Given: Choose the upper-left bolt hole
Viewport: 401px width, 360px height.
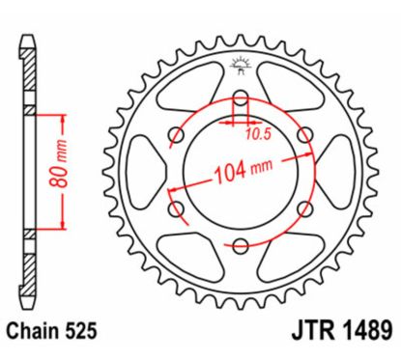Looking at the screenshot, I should (x=175, y=135).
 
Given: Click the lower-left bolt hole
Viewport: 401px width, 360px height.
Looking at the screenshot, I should (x=175, y=209).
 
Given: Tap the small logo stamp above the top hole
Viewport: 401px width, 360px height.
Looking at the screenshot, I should (x=241, y=68).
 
